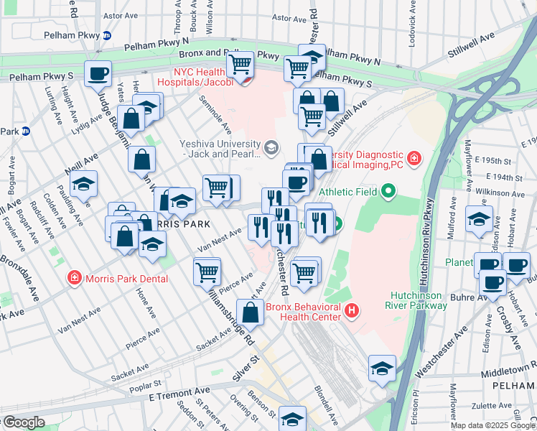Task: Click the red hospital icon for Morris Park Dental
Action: coord(73,278)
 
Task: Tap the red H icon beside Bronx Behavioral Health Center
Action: coord(352,310)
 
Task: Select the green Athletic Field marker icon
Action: coord(388,191)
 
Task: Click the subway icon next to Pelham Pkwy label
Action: coord(107,35)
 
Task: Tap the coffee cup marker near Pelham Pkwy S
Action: coord(98,73)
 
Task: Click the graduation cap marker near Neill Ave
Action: coord(84,185)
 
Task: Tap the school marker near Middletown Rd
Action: coord(382,369)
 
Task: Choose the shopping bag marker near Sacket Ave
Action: coord(250,312)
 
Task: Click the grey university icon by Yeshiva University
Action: coord(271,149)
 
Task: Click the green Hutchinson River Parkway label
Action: coord(419,300)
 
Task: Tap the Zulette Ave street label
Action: coord(472,405)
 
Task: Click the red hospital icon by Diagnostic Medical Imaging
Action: coord(414,157)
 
